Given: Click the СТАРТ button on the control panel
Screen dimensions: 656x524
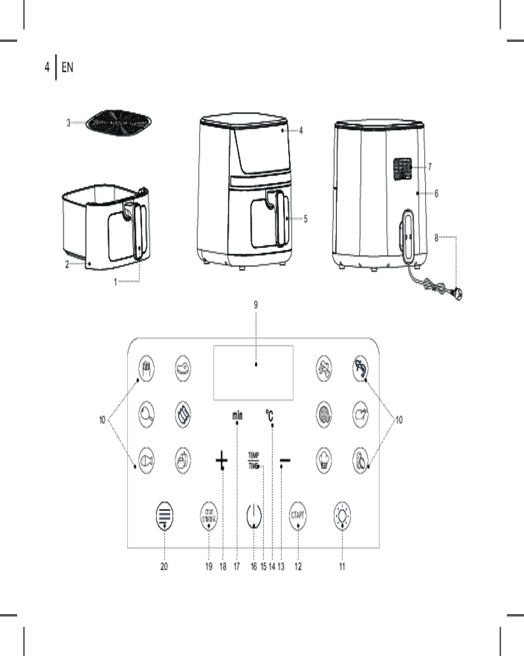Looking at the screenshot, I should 299,514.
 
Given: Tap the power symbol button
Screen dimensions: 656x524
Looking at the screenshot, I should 253,516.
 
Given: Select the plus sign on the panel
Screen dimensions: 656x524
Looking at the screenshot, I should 222,462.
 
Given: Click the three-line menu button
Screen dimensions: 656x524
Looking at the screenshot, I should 164,515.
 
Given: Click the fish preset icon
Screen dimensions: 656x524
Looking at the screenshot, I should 147,459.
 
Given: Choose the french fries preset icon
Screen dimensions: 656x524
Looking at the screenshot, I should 147,365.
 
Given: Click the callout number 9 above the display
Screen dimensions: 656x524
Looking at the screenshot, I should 255,304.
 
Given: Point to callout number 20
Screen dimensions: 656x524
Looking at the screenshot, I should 164,567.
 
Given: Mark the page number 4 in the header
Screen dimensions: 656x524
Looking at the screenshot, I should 47,67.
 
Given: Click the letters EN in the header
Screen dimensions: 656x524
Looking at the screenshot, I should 67,67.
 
